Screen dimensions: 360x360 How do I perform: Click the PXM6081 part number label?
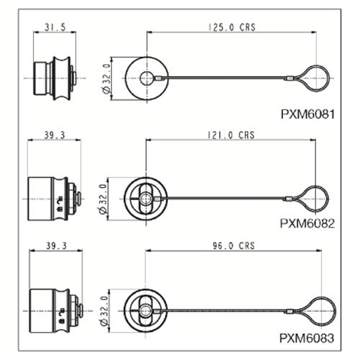pos(307,114)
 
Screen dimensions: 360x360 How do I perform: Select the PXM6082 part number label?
pos(307,224)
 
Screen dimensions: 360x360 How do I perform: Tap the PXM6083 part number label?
pos(307,338)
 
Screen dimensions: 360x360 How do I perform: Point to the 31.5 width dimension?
pos(55,27)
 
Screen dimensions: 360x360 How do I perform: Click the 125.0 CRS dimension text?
pos(232,27)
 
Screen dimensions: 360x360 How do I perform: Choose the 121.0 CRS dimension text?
pos(231,135)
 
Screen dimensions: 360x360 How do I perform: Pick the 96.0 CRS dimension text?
pos(233,246)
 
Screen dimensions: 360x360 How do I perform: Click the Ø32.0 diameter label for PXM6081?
pos(106,78)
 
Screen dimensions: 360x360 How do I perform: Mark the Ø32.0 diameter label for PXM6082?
pos(103,199)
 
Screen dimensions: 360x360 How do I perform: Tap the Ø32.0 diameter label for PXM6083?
pos(104,311)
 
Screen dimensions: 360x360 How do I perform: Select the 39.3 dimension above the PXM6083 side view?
pos(56,246)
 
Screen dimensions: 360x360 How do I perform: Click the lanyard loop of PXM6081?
pos(328,78)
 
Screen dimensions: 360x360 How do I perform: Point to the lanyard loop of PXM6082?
pos(327,199)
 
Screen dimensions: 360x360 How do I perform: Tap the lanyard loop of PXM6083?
pos(336,311)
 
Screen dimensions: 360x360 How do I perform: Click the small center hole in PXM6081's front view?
pos(147,78)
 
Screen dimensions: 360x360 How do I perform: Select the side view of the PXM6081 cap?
pos(55,78)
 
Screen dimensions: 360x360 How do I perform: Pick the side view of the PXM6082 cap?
pos(55,199)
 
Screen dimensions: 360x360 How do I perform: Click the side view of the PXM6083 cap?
pos(56,311)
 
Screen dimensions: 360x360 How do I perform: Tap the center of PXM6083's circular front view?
pos(145,311)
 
